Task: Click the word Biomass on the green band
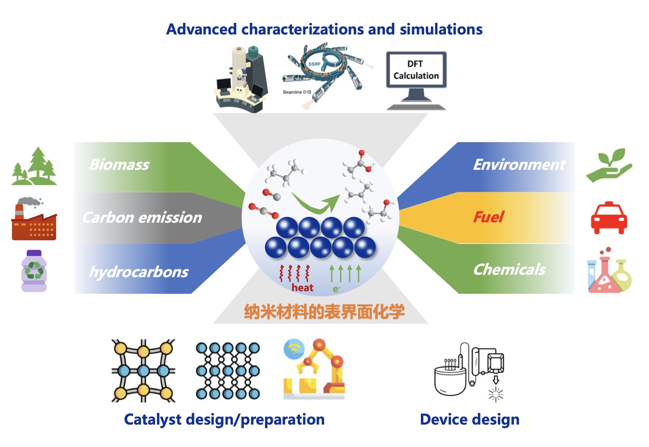119,165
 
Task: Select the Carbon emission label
142,217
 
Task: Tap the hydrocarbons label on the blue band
138,272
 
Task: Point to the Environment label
519,165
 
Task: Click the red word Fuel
488,217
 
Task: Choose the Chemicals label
509,270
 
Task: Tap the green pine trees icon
34,167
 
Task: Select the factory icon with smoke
34,219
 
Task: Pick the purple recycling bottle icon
34,271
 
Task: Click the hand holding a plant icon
609,165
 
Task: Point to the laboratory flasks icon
609,271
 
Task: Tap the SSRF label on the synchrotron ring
314,64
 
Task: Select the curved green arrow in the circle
316,203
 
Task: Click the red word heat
302,288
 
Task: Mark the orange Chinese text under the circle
324,312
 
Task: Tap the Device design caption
470,419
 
